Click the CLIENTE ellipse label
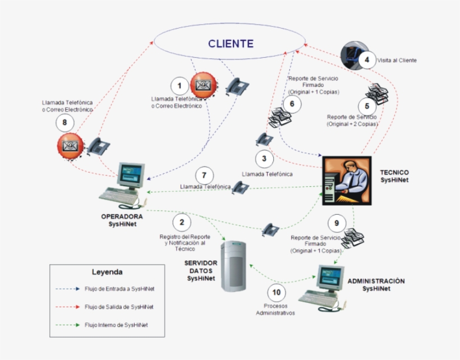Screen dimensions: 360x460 [x=231, y=44]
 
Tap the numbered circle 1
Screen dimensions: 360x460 [x=180, y=86]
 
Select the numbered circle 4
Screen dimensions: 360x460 [x=367, y=59]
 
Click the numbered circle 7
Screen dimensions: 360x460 [x=204, y=174]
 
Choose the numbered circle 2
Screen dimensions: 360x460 [x=181, y=222]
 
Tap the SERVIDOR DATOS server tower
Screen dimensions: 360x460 [x=234, y=265]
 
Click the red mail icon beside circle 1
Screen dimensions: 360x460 [x=202, y=85]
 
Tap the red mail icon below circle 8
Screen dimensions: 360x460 [x=69, y=146]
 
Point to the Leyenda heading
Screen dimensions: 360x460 [x=107, y=272]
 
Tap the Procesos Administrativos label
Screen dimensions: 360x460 [x=275, y=309]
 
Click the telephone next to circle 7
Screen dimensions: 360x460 [x=240, y=187]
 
